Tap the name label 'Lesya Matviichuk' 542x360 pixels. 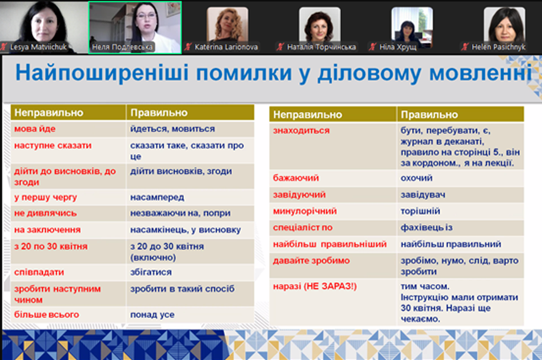(x=38, y=47)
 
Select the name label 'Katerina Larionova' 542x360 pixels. (x=226, y=47)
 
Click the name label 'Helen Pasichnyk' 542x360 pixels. (x=498, y=47)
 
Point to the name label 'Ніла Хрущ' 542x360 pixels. (x=398, y=47)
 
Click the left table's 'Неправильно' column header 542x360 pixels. (x=49, y=112)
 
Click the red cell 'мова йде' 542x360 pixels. (x=35, y=129)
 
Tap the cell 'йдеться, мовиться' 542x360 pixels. (x=173, y=129)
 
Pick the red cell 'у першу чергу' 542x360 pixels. (x=45, y=197)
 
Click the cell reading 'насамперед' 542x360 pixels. (x=157, y=197)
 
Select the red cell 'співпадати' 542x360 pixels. (x=39, y=273)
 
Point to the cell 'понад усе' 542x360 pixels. (x=152, y=315)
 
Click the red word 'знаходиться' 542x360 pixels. (x=301, y=131)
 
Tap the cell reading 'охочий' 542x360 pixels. (x=416, y=178)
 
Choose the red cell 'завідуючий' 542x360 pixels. (x=300, y=195)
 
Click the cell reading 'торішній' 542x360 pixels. (x=420, y=211)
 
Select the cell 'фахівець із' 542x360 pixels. (x=426, y=227)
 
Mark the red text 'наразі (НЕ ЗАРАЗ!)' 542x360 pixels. (x=315, y=286)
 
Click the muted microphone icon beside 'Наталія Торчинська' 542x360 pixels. (x=281, y=46)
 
